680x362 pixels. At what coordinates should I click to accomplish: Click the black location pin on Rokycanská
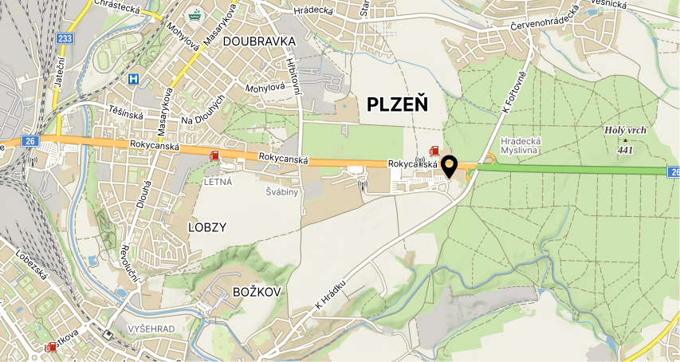450,166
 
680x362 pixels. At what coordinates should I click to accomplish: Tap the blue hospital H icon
133,79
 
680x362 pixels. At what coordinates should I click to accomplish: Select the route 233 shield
65,37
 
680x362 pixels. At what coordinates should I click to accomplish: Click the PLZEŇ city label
397,104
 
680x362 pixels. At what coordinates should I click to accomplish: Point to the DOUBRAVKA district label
259,41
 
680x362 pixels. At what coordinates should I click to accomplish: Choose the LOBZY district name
206,226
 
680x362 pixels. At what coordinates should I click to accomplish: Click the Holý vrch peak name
626,131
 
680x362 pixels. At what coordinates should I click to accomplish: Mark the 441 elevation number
625,148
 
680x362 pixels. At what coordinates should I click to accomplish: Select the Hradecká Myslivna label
521,145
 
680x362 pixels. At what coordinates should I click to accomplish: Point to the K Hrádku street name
330,295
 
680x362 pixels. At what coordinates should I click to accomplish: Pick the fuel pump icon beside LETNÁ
213,156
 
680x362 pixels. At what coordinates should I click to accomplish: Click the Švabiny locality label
281,192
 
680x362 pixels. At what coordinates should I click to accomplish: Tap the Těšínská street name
126,113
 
